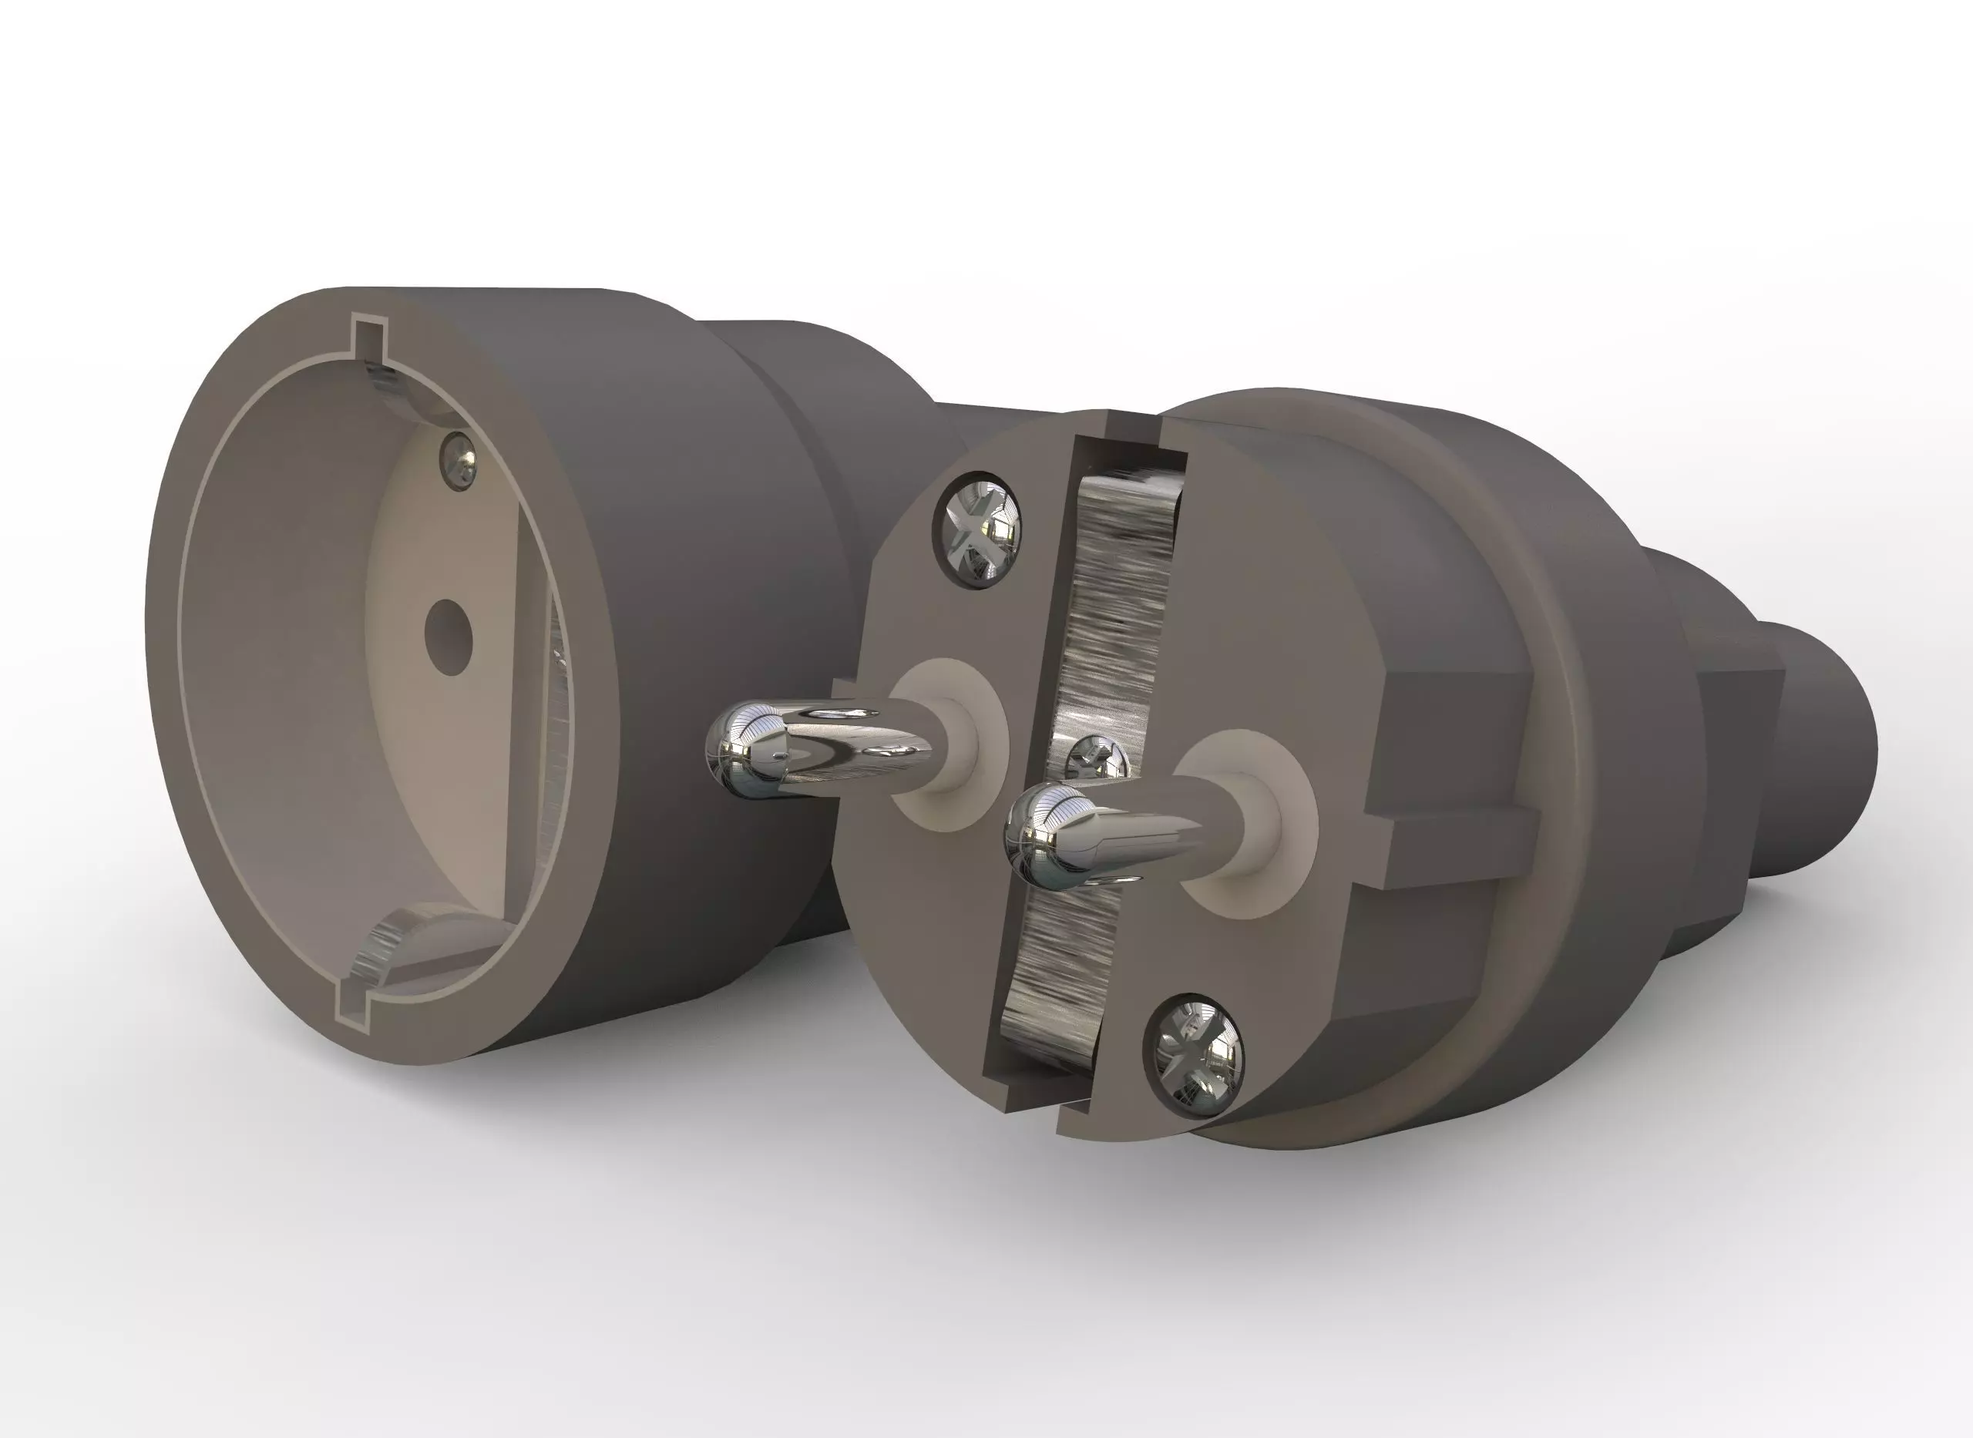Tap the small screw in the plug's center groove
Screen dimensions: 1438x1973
pyautogui.click(x=1098, y=758)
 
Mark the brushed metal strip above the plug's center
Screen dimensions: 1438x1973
pyautogui.click(x=1123, y=592)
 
